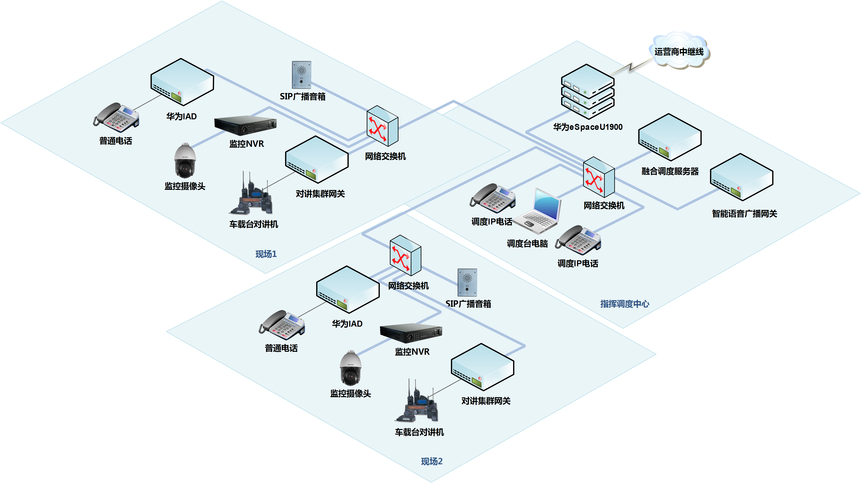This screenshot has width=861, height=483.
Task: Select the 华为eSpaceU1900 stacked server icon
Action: (x=588, y=92)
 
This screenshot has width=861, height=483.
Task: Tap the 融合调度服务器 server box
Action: (x=669, y=138)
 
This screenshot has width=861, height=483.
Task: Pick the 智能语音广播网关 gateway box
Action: (x=741, y=178)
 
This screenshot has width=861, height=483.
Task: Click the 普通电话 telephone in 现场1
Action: (x=116, y=118)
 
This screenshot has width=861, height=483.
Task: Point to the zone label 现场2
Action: (x=431, y=461)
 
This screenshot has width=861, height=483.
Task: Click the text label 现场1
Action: (x=266, y=254)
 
